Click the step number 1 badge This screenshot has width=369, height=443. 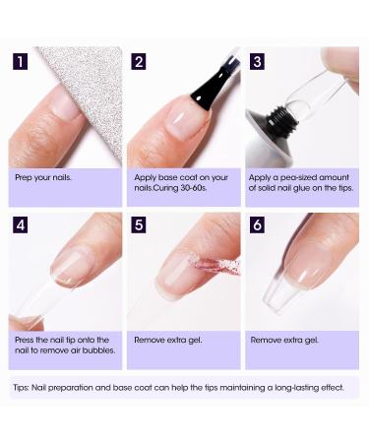tap(21, 62)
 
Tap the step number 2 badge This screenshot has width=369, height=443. tap(139, 62)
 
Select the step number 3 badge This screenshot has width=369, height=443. tap(257, 62)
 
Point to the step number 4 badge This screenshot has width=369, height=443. tap(21, 225)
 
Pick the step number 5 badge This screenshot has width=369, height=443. tap(139, 225)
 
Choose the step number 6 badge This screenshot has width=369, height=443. tap(257, 225)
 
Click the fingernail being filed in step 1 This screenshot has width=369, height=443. tap(66, 105)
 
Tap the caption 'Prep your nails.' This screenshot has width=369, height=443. tap(43, 178)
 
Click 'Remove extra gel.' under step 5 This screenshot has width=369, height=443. tap(168, 341)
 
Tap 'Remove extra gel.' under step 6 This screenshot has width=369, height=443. tap(284, 341)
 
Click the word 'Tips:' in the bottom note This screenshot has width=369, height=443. tap(22, 388)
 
